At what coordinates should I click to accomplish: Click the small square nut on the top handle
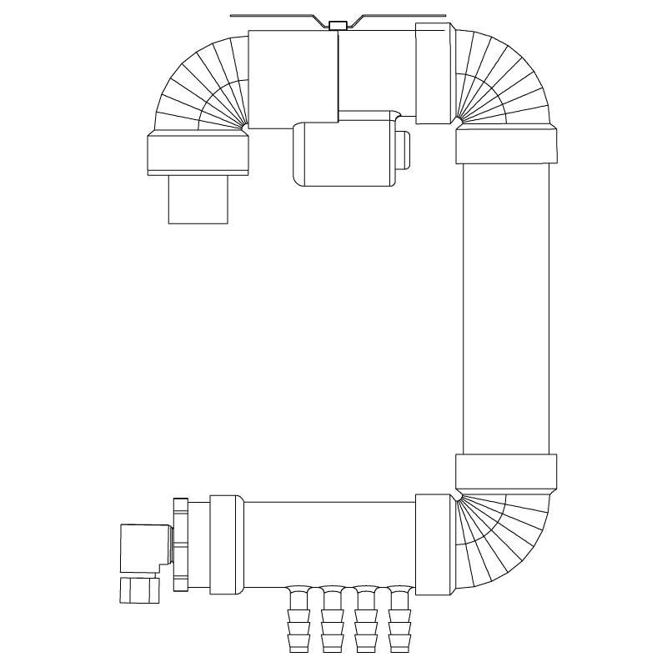pyautogui.click(x=338, y=26)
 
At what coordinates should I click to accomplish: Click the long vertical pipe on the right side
pyautogui.click(x=506, y=308)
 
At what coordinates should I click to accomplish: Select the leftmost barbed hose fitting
pyautogui.click(x=298, y=621)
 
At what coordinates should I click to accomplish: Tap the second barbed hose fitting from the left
pyautogui.click(x=332, y=621)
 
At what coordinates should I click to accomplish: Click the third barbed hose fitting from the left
pyautogui.click(x=365, y=621)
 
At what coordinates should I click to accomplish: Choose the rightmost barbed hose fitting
pyautogui.click(x=399, y=621)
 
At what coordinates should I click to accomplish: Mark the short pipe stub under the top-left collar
pyautogui.click(x=198, y=199)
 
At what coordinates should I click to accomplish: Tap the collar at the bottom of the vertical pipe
pyautogui.click(x=506, y=472)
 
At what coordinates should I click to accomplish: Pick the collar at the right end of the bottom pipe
pyautogui.click(x=433, y=544)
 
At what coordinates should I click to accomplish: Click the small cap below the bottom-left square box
pyautogui.click(x=138, y=589)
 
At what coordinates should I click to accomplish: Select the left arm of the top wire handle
pyautogui.click(x=279, y=18)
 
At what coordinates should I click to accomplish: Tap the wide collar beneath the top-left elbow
pyautogui.click(x=198, y=153)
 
